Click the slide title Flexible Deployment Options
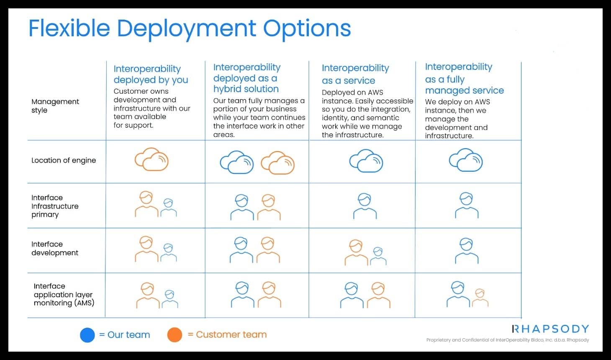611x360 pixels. coord(190,28)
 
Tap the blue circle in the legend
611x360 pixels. coord(87,335)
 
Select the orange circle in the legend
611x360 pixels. coord(175,334)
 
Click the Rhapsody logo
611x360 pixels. coord(550,329)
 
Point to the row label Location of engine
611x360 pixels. coord(64,160)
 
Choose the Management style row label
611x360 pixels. coord(55,106)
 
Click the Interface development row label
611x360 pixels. coord(55,248)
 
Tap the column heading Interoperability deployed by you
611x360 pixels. coord(151,74)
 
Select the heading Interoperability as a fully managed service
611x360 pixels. coord(465,79)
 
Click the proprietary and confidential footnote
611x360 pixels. coord(508,340)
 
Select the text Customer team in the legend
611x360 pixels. coord(231,334)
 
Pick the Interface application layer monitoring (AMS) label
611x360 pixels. coord(64,295)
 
